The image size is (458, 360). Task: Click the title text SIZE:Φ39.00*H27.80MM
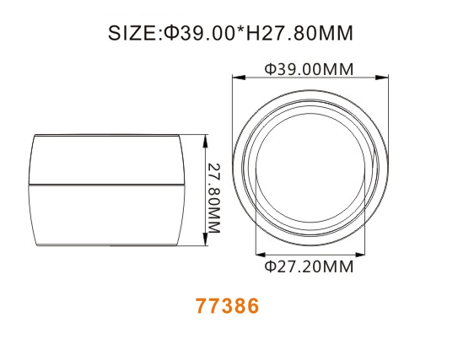229,34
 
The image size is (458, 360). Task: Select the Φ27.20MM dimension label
309,268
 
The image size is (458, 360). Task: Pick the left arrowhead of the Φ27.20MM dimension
258,254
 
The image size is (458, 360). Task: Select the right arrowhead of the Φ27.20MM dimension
364,254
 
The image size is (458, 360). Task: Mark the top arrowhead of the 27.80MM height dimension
205,137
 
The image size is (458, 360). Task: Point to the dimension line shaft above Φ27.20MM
310,254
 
